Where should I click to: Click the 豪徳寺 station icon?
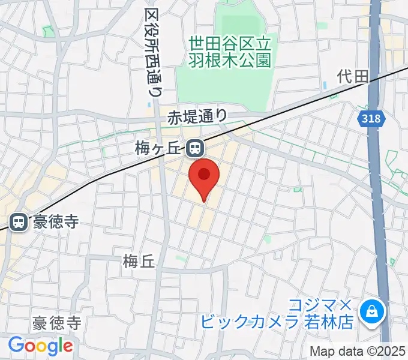(18, 223)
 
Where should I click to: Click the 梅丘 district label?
(139, 261)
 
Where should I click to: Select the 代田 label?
(352, 76)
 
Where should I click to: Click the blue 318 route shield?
(371, 119)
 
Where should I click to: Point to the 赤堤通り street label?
(197, 116)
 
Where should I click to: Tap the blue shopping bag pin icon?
(371, 311)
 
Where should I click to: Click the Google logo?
(40, 346)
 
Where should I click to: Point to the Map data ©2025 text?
(358, 351)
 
